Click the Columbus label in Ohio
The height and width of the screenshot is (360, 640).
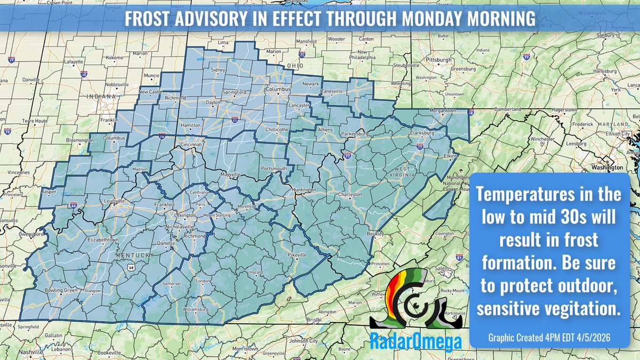279,89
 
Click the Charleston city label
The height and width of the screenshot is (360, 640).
351,195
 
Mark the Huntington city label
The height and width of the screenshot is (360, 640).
304,190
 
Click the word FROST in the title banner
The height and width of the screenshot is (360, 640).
147,20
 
